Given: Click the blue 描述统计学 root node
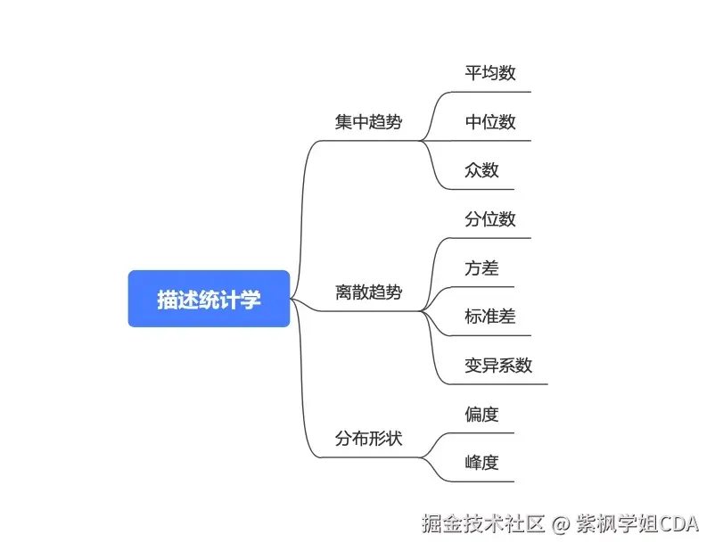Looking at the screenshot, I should pyautogui.click(x=209, y=299).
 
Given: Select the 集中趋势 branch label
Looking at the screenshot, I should pyautogui.click(x=368, y=122).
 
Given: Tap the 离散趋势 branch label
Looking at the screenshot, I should pyautogui.click(x=368, y=292).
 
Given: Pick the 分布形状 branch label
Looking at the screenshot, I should pyautogui.click(x=368, y=439).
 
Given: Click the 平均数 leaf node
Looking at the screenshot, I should pyautogui.click(x=489, y=73).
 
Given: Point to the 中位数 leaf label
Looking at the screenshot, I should pyautogui.click(x=489, y=122).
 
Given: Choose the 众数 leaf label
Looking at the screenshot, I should pyautogui.click(x=481, y=170).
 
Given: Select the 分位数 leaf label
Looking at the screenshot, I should pyautogui.click(x=489, y=219).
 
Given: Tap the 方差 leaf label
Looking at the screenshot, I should pyautogui.click(x=481, y=267).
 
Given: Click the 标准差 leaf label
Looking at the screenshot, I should pyautogui.click(x=489, y=317).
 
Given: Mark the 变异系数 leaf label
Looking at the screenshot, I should pyautogui.click(x=498, y=365).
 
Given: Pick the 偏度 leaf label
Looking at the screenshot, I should pyautogui.click(x=481, y=414).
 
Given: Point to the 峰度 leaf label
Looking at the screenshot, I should pyautogui.click(x=481, y=462).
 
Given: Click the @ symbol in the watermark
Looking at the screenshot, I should pyautogui.click(x=560, y=523).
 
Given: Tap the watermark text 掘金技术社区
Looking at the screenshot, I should pyautogui.click(x=483, y=523).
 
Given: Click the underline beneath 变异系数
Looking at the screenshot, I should pyautogui.click(x=499, y=384).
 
